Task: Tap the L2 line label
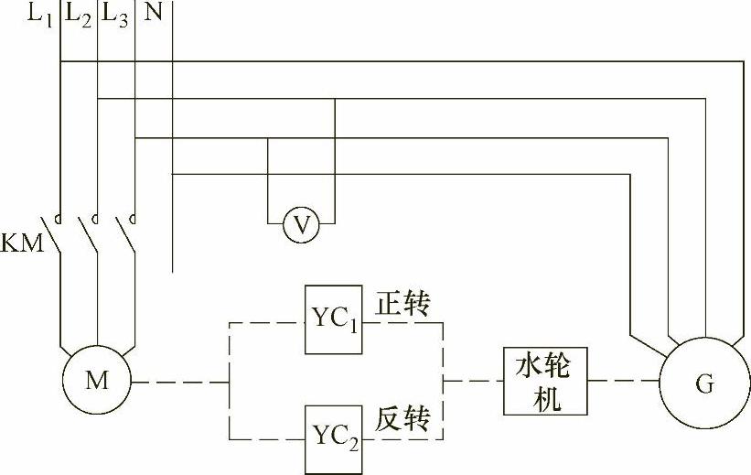coord(80,16)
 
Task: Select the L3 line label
coord(116,16)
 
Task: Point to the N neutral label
coord(153,15)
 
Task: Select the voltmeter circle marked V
coord(300,222)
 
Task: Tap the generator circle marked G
coord(703,383)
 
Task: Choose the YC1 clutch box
coord(334,319)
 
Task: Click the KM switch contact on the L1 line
coord(53,236)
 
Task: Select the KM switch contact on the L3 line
coord(128,236)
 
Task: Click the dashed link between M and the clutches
coord(178,382)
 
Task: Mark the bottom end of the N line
coord(172,273)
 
